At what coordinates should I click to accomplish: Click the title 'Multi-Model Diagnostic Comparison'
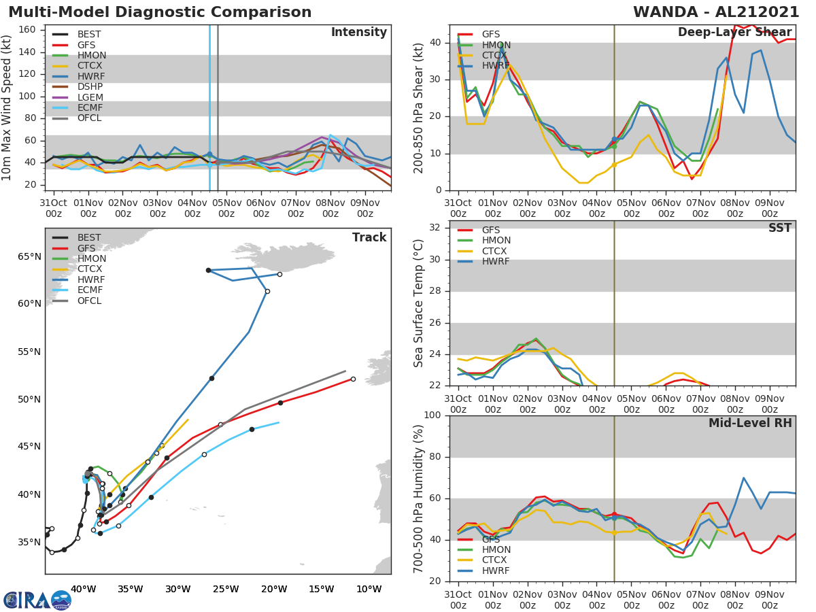coord(160,12)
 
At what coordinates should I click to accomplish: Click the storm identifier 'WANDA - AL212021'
coord(716,12)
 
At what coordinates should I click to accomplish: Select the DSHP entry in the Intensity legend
coord(89,87)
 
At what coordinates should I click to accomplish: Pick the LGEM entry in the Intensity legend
coord(89,97)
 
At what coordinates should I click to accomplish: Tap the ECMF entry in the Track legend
coord(89,290)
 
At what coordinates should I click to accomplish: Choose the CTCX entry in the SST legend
coord(496,251)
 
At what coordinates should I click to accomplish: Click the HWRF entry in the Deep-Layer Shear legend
coord(496,66)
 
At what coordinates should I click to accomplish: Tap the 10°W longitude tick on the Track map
coord(369,589)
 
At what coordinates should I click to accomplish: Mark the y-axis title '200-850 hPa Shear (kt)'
coord(420,107)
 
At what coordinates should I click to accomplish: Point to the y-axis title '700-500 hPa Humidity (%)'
coord(420,498)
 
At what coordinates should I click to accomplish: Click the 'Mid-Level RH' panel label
coord(750,423)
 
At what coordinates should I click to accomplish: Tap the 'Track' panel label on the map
coord(369,237)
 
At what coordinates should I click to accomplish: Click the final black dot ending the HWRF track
coord(208,270)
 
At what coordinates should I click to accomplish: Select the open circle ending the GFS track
coord(353,379)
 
